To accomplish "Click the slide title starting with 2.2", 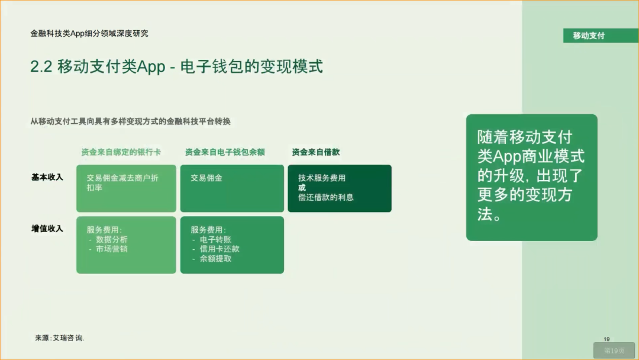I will pos(176,66).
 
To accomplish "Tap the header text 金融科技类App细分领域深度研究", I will pos(89,34).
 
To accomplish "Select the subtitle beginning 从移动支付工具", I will pos(130,121).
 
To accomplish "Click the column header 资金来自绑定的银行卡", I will pos(121,152).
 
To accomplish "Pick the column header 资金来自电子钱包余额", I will pos(225,152).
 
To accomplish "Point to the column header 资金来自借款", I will pos(316,152).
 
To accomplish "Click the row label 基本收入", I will pos(47,177).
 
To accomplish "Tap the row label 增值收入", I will pos(47,229).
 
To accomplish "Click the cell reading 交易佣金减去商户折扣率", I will pos(122,182).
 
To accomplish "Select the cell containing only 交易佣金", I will pos(206,178).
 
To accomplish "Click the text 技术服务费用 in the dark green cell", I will pos(322,178).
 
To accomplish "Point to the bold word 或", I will pos(302,188).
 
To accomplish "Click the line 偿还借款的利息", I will pos(326,197).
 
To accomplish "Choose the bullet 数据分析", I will pos(111,240).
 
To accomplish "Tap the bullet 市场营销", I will pos(111,249).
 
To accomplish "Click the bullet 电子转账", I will pos(215,240).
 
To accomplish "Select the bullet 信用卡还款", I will pos(220,249).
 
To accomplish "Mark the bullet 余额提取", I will pos(215,259).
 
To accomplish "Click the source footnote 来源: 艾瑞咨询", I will pos(60,337).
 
